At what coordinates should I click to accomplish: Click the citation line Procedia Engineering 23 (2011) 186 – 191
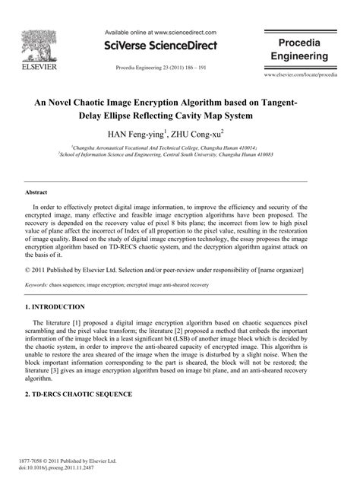click(x=159, y=68)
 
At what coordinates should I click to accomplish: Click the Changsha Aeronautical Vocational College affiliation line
click(x=179, y=147)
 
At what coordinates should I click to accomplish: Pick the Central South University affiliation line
click(x=179, y=154)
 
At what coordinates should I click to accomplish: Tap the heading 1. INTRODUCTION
click(x=55, y=306)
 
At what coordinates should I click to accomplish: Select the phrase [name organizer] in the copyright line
click(x=278, y=270)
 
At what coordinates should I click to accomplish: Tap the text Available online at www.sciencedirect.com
click(x=159, y=33)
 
